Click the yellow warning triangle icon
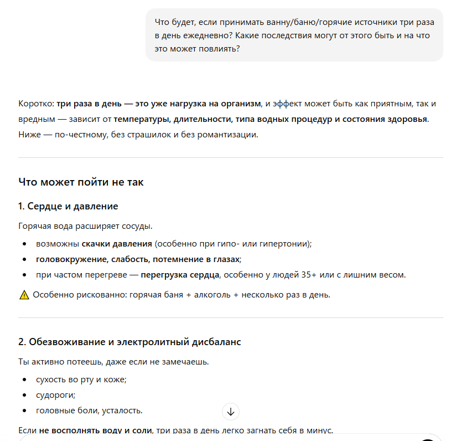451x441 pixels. (24, 295)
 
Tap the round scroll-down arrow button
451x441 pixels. (231, 412)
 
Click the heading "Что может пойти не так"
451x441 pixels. (81, 182)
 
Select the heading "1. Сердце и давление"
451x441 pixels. (68, 206)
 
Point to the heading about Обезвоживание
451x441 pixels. (129, 342)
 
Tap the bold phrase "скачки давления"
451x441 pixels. (117, 244)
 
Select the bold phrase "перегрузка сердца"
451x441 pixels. (180, 275)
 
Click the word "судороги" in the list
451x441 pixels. (55, 395)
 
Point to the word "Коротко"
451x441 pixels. (35, 104)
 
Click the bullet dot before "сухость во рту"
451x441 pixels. (24, 380)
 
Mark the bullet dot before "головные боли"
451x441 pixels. (24, 411)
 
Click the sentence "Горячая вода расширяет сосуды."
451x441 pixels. (85, 226)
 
